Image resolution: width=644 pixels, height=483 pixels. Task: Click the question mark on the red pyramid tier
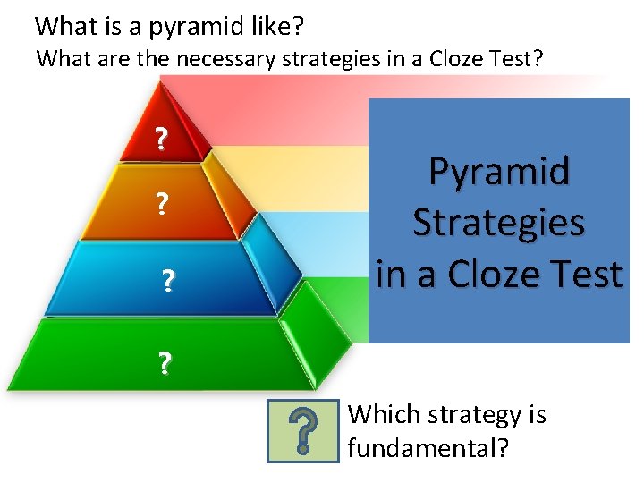[161, 139]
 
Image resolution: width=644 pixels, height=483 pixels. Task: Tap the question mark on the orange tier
[162, 203]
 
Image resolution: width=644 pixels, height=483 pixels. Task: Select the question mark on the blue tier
[168, 280]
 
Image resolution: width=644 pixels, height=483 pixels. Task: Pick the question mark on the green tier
[165, 362]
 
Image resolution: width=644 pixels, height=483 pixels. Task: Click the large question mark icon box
[303, 431]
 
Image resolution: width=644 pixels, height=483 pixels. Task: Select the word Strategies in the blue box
[498, 224]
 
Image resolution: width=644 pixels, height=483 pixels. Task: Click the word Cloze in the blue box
[494, 274]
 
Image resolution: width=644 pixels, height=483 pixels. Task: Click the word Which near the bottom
[385, 414]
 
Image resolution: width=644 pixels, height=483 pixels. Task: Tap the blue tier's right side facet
[272, 263]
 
